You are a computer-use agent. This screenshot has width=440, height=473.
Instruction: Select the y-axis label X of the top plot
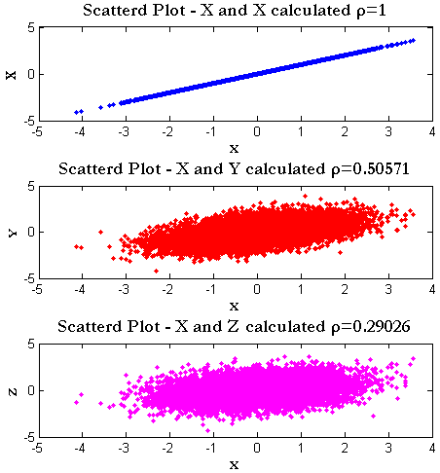coord(11,73)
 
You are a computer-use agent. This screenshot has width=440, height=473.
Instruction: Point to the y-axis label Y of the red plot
coord(11,232)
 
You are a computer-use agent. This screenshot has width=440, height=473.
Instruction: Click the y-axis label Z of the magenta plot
coord(11,390)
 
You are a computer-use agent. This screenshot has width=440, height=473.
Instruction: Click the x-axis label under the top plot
coord(234,148)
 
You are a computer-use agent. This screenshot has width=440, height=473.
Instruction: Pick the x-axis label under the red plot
coord(234,306)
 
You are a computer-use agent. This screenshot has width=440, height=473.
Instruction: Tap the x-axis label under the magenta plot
coord(234,464)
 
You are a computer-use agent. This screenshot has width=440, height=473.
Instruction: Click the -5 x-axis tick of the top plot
coord(36,131)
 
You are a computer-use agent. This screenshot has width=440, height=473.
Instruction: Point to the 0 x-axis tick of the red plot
coord(257,289)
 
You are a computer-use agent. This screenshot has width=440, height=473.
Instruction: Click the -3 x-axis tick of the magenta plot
coord(124,448)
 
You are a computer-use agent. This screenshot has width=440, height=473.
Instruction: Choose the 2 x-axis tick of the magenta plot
coord(345,448)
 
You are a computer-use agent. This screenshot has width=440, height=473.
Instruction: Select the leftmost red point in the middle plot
coord(76,247)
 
